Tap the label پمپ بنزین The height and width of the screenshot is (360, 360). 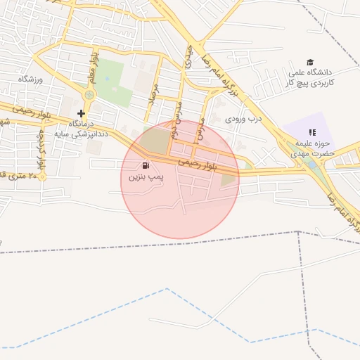pyautogui.click(x=146, y=178)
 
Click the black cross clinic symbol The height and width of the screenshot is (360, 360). pyautogui.click(x=82, y=113)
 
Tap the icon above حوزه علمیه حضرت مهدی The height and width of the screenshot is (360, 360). pyautogui.click(x=312, y=131)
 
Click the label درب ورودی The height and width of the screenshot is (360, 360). pyautogui.click(x=243, y=119)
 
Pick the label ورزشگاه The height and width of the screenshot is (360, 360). pyautogui.click(x=32, y=78)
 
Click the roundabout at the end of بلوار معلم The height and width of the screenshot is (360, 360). pyautogui.click(x=89, y=95)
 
